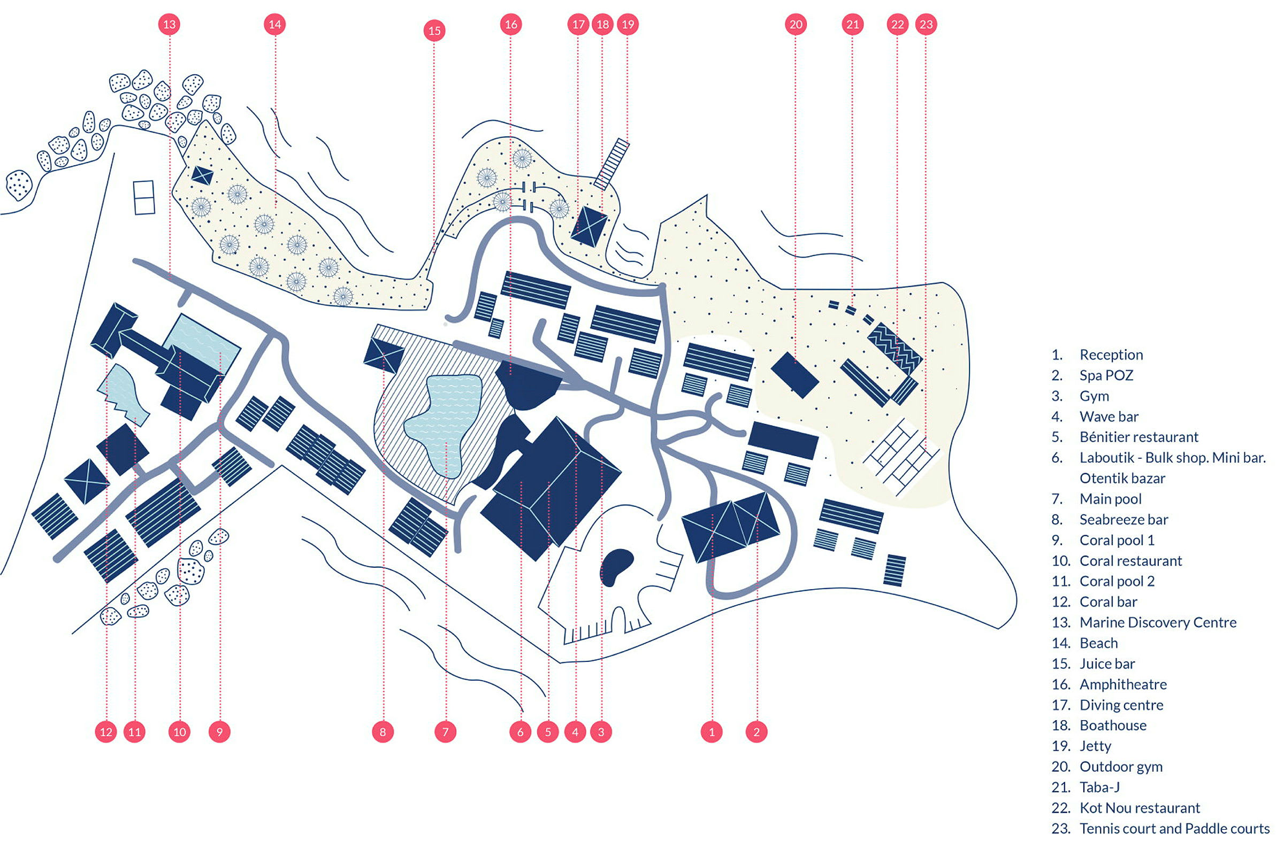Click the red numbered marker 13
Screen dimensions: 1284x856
coord(169,24)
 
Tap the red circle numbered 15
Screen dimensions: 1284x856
coord(434,30)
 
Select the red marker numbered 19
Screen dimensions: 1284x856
coord(628,24)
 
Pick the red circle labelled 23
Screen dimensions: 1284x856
coord(926,24)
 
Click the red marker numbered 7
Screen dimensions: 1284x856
coord(445,732)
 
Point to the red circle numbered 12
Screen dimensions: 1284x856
coord(106,732)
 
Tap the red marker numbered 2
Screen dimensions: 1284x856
coord(756,732)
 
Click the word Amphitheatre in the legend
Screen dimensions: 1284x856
coord(1123,684)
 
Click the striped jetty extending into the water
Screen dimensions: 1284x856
coord(612,164)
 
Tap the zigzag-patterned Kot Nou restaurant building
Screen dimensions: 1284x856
coord(895,348)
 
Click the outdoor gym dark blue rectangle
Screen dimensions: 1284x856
coord(794,374)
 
